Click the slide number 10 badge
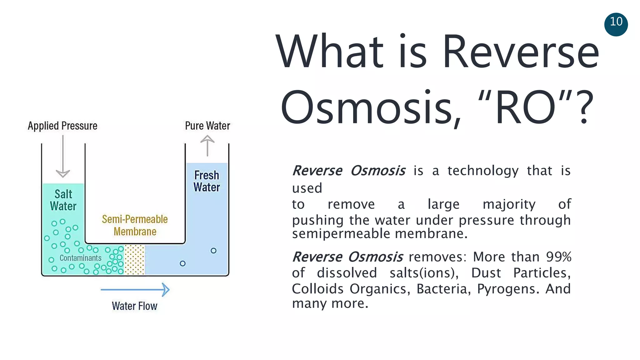[616, 24]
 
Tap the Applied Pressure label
[62, 126]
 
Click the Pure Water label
[207, 126]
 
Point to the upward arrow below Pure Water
[207, 145]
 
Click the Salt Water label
[63, 200]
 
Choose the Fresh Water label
[207, 181]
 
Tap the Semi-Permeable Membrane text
[135, 225]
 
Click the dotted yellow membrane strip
[135, 260]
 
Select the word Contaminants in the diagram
[80, 258]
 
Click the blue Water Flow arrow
[135, 290]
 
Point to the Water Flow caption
[134, 306]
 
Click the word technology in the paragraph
[483, 171]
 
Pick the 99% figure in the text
[558, 257]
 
